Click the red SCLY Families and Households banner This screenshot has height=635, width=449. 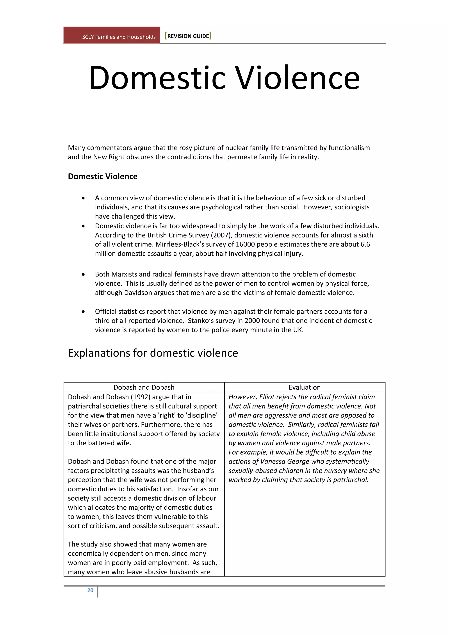click(112, 35)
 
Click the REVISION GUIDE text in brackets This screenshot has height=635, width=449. click(188, 36)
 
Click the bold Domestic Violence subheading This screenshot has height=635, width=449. click(103, 177)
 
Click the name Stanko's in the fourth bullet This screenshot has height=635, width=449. click(201, 321)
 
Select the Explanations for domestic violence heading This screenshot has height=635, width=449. click(153, 353)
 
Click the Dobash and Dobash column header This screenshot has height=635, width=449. click(144, 387)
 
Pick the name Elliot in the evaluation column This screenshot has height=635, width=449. click(267, 397)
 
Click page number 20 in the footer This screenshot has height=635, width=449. click(90, 590)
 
